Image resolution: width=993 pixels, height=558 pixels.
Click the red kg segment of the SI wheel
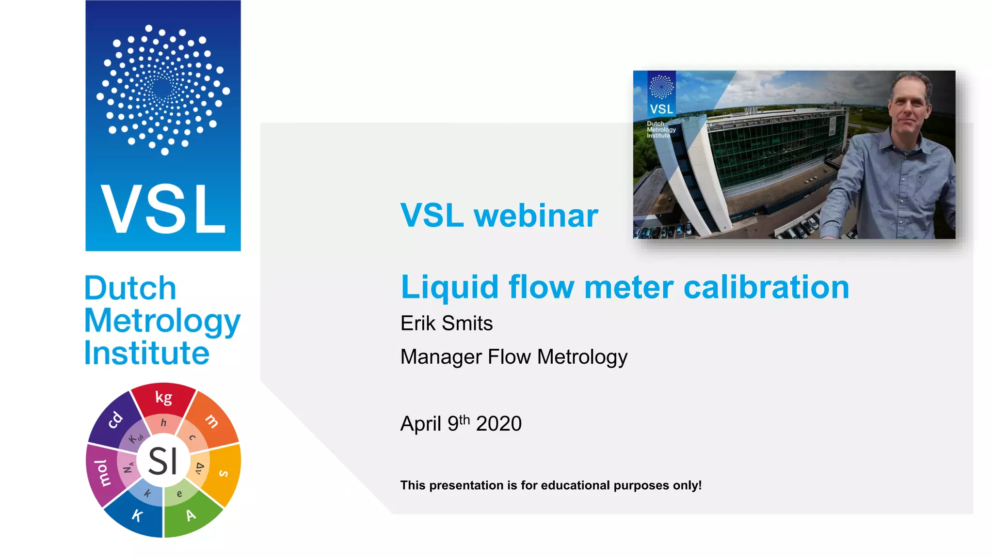163,398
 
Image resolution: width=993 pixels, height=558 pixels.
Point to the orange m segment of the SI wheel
212,420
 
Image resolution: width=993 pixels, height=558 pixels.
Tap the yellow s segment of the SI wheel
224,472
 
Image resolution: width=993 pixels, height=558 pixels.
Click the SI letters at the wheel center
163,461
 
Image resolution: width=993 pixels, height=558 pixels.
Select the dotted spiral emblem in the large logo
163,90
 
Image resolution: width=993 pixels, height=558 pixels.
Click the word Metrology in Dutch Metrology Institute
162,322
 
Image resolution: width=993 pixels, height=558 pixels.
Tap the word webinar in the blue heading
536,216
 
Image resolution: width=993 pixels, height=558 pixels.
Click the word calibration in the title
766,287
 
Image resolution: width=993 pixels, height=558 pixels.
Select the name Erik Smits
446,324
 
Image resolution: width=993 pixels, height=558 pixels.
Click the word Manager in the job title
441,357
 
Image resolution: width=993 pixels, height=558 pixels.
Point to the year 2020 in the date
498,424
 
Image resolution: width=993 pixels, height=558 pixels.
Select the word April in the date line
420,424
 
